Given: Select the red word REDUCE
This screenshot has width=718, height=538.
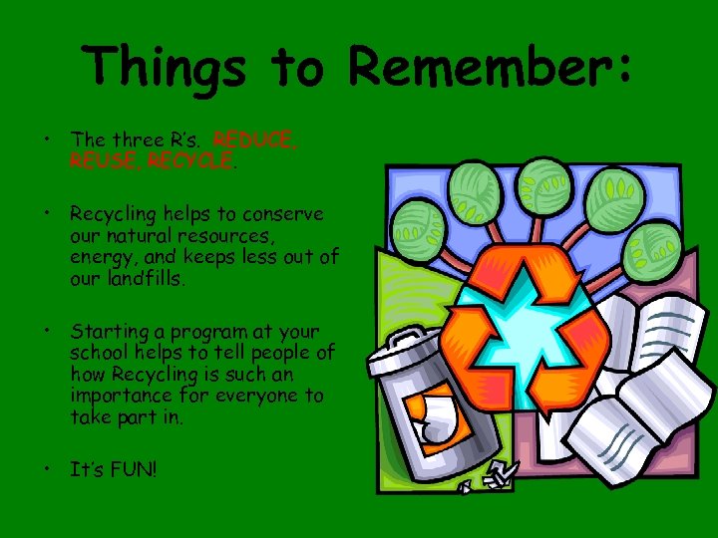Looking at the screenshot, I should (x=255, y=140).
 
